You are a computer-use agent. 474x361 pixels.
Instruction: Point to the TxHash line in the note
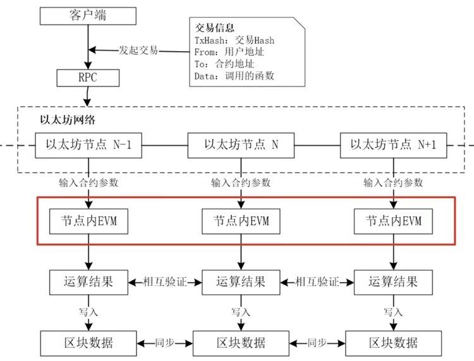click(x=234, y=40)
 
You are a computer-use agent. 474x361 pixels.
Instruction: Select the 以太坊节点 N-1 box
click(x=88, y=145)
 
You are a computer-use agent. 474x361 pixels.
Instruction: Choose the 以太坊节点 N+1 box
click(x=393, y=145)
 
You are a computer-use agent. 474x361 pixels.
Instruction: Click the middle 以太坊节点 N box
click(x=241, y=145)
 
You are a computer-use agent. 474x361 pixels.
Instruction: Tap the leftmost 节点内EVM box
click(x=88, y=222)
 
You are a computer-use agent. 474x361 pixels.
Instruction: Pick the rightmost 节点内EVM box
click(x=393, y=222)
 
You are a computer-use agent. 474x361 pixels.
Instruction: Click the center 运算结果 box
click(x=240, y=280)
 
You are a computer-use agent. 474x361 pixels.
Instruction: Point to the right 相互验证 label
click(x=317, y=280)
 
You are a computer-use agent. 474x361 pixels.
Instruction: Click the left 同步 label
click(x=164, y=343)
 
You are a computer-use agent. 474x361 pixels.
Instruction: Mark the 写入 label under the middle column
click(x=240, y=312)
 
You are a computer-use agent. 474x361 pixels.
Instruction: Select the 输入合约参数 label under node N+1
click(x=393, y=183)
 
